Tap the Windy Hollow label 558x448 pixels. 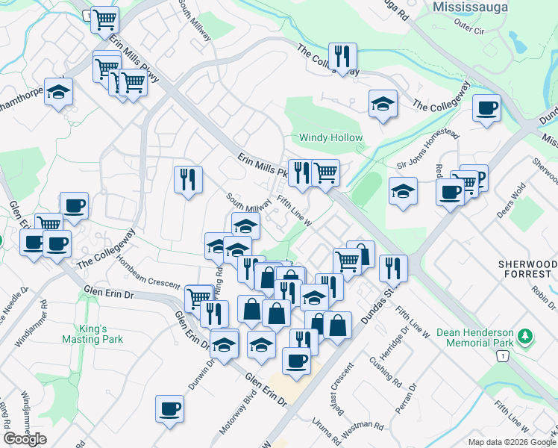tap(330, 138)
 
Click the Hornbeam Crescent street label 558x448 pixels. tap(147, 279)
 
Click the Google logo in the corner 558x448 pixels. tap(25, 439)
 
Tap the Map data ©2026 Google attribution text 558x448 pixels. tap(511, 442)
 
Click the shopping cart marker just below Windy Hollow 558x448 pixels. tap(325, 173)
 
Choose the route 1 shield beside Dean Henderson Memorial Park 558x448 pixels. tap(504, 358)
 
